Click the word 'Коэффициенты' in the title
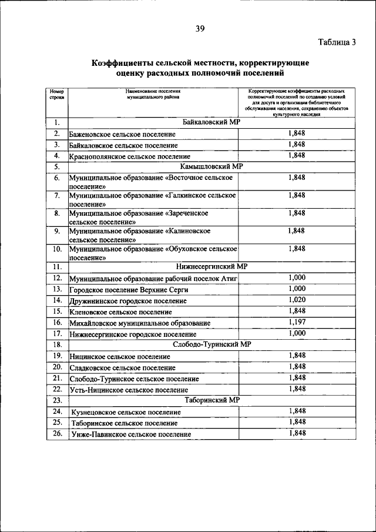[x=125, y=63]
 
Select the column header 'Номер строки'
[x=56, y=95]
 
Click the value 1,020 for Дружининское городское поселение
[x=297, y=300]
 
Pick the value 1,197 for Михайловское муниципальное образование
[x=297, y=322]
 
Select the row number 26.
[x=57, y=433]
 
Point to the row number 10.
[x=57, y=249]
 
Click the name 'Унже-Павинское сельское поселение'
[x=131, y=434]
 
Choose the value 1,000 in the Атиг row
[x=297, y=277]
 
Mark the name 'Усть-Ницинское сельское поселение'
[x=128, y=390]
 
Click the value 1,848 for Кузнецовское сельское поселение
[x=297, y=411]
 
